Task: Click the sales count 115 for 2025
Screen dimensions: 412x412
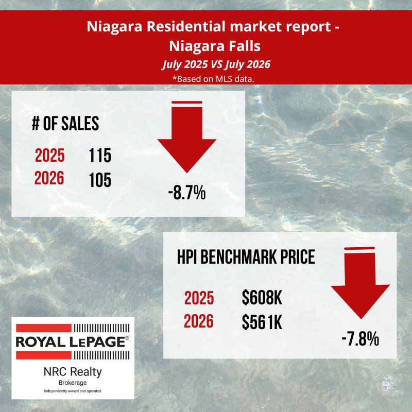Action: point(100,156)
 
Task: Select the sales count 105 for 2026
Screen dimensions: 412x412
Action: point(100,180)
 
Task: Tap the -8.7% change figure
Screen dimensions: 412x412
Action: point(187,193)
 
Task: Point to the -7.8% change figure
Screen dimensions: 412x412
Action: point(360,339)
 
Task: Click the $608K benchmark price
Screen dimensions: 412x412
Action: point(262,298)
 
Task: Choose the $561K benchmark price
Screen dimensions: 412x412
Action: point(262,322)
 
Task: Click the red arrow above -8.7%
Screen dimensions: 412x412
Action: point(187,137)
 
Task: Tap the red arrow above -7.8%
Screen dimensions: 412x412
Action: point(360,283)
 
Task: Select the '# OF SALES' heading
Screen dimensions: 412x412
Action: point(65,124)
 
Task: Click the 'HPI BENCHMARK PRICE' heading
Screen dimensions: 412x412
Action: point(246,256)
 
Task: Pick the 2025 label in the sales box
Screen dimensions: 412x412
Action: point(49,156)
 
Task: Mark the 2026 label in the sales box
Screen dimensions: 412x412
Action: point(49,178)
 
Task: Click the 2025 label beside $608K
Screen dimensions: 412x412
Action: point(199,298)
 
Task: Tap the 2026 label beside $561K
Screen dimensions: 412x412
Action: point(199,321)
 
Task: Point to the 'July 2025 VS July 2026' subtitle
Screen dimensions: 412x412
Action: point(216,64)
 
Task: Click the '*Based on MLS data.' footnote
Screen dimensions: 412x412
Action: point(213,79)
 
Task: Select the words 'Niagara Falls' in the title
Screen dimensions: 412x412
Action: point(215,46)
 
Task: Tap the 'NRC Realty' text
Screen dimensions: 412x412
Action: point(73,372)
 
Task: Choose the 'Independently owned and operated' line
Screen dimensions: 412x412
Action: point(73,391)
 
